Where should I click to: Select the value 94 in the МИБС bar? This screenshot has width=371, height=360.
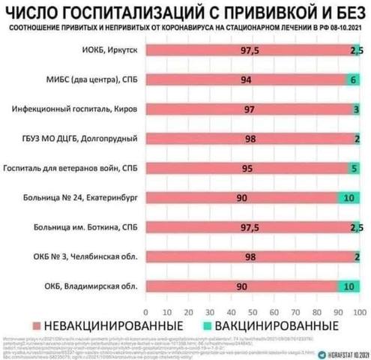[x=247, y=79]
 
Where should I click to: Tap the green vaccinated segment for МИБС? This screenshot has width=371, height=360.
[x=353, y=79]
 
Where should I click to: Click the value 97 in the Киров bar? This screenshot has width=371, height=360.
[x=250, y=109]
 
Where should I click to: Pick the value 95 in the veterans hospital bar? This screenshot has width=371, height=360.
[x=247, y=168]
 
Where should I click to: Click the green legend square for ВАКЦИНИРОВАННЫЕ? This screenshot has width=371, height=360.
[x=205, y=325]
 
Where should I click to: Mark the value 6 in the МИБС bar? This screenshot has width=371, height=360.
[x=354, y=79]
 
